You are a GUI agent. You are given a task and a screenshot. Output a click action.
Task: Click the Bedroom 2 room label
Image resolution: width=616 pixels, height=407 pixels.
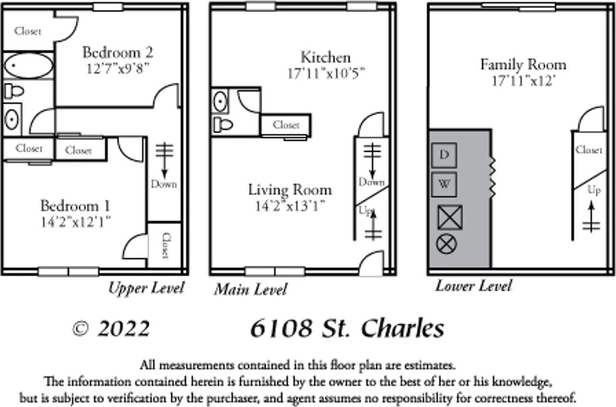[117, 52]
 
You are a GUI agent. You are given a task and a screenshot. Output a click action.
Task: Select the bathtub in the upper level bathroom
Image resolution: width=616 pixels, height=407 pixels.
[28, 65]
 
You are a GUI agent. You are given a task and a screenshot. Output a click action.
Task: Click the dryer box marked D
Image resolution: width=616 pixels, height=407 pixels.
[444, 155]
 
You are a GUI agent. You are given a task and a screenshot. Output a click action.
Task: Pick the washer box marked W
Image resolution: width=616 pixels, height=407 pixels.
[444, 184]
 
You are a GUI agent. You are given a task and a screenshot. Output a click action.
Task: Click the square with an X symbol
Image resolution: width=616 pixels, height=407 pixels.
[449, 217]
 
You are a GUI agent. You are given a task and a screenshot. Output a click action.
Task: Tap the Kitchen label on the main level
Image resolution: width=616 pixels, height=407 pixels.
[326, 57]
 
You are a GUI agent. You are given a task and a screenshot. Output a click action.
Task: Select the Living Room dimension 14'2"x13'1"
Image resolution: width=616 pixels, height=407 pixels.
[290, 206]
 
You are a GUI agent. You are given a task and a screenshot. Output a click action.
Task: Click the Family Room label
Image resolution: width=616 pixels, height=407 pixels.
[523, 64]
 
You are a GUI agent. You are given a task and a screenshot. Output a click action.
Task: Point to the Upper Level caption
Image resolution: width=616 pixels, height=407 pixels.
[146, 288]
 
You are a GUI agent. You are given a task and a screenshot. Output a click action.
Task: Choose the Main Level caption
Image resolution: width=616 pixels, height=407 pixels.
[250, 290]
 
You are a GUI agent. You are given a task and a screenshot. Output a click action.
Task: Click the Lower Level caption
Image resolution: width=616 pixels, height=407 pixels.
[473, 286]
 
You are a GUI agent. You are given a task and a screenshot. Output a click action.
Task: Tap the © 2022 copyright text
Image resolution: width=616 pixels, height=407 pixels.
[111, 329]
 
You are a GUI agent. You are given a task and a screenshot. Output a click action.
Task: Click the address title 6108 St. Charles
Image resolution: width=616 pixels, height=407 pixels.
[346, 329]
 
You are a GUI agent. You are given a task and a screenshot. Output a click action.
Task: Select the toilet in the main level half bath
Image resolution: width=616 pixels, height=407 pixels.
[223, 125]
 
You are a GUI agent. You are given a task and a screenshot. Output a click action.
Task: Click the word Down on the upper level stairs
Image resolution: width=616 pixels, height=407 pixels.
[164, 184]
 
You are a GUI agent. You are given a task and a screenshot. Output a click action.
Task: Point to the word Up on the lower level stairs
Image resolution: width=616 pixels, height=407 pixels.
[594, 191]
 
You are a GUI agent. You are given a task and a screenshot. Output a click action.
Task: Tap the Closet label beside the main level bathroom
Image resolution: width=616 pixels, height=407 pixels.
[286, 125]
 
